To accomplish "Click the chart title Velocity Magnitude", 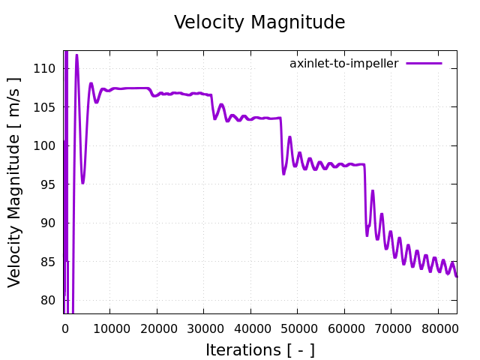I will (x=259, y=22).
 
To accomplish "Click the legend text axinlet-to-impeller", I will (x=344, y=64).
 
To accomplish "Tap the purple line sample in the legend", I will (x=424, y=64).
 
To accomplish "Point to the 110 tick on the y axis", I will (x=46, y=68).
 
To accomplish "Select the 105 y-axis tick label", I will (x=46, y=107).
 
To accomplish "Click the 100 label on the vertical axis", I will (x=46, y=145).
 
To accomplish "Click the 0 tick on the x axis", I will (x=65, y=327).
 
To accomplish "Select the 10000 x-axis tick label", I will (x=109, y=327).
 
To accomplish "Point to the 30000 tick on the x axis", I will (x=203, y=327).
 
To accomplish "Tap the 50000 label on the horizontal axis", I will (x=297, y=327).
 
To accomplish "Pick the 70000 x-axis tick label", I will (x=391, y=327).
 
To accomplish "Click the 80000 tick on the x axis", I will (x=438, y=327).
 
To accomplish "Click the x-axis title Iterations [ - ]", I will (x=259, y=350).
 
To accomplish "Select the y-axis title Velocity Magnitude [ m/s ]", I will (x=15, y=182).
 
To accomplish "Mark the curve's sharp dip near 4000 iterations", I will (x=82, y=182).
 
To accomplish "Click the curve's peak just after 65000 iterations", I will (x=372, y=191).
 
